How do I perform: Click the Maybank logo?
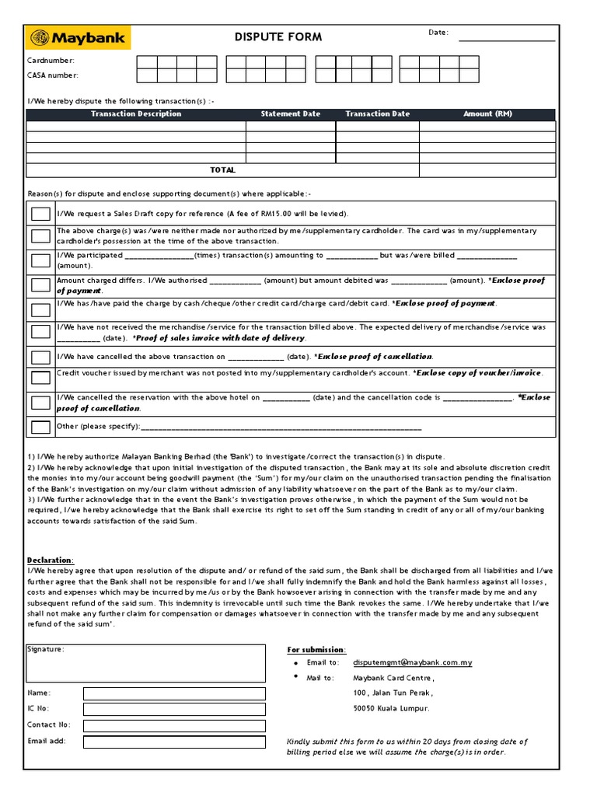pyautogui.click(x=78, y=37)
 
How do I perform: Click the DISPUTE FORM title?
pyautogui.click(x=278, y=37)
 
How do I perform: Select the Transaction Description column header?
pyautogui.click(x=136, y=114)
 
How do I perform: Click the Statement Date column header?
pyautogui.click(x=290, y=114)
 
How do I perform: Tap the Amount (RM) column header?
pyautogui.click(x=487, y=114)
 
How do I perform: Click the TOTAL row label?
pyautogui.click(x=222, y=169)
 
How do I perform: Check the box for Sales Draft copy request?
pyautogui.click(x=40, y=214)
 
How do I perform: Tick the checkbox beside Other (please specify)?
pyautogui.click(x=40, y=427)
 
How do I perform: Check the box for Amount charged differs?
pyautogui.click(x=40, y=285)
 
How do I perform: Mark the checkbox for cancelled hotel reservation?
pyautogui.click(x=40, y=403)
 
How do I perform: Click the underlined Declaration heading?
pyautogui.click(x=51, y=560)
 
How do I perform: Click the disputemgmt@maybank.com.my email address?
pyautogui.click(x=413, y=662)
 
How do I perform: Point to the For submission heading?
pyautogui.click(x=317, y=649)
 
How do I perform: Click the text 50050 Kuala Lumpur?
pyautogui.click(x=391, y=708)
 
